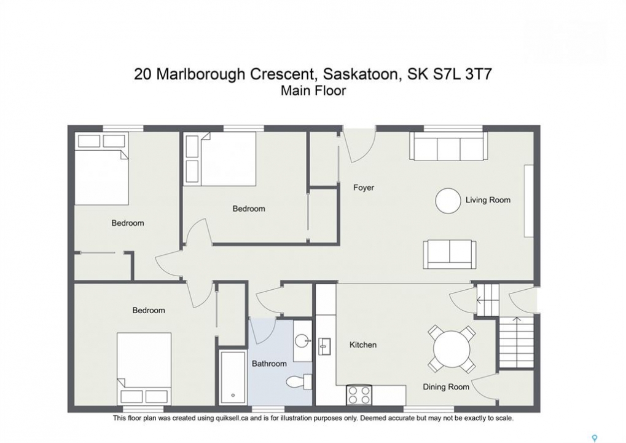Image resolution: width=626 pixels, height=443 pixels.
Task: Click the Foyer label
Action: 363,188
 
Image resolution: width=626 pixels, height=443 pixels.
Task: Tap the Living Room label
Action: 488,200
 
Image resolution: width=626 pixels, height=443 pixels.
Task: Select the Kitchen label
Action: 363,345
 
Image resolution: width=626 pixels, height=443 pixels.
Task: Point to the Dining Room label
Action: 446,387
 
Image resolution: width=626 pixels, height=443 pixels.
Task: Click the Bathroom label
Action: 269,364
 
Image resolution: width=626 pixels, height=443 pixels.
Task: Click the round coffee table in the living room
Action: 448,201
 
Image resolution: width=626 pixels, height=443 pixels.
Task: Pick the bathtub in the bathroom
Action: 232,378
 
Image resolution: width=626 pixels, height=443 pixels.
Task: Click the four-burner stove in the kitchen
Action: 359,395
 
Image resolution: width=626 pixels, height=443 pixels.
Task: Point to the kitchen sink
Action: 324,346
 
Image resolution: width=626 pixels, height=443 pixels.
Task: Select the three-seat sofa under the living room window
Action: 448,146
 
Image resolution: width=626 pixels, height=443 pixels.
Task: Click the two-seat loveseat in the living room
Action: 450,254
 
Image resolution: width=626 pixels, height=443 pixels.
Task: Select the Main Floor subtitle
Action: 313,91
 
